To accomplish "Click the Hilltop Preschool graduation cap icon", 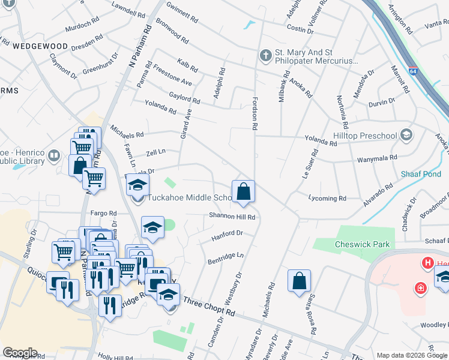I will point(407,134).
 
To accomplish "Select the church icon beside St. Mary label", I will point(265,56).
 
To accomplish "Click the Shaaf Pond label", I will point(421,174).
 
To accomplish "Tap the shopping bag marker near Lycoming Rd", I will point(244,191).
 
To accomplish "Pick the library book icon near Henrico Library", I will point(55,157).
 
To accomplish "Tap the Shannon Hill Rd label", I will point(232,217).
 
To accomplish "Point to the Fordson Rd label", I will point(255,114).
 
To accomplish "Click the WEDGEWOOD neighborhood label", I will point(40,46).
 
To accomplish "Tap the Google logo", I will point(20,353).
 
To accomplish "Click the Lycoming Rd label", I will point(327,198).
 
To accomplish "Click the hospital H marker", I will point(428,263).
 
